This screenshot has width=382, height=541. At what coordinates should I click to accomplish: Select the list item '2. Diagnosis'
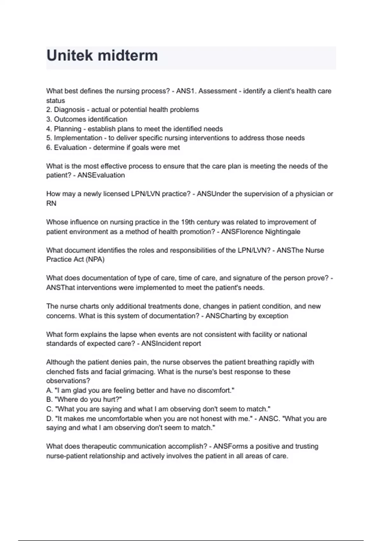pyautogui.click(x=65, y=110)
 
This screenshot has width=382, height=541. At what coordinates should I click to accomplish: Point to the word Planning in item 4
pyautogui.click(x=67, y=129)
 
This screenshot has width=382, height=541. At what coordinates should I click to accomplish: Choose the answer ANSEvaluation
pyautogui.click(x=101, y=175)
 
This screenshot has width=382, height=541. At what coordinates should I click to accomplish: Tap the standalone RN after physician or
pyautogui.click(x=51, y=203)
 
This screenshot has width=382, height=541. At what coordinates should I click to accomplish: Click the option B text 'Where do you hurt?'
pyautogui.click(x=89, y=400)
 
